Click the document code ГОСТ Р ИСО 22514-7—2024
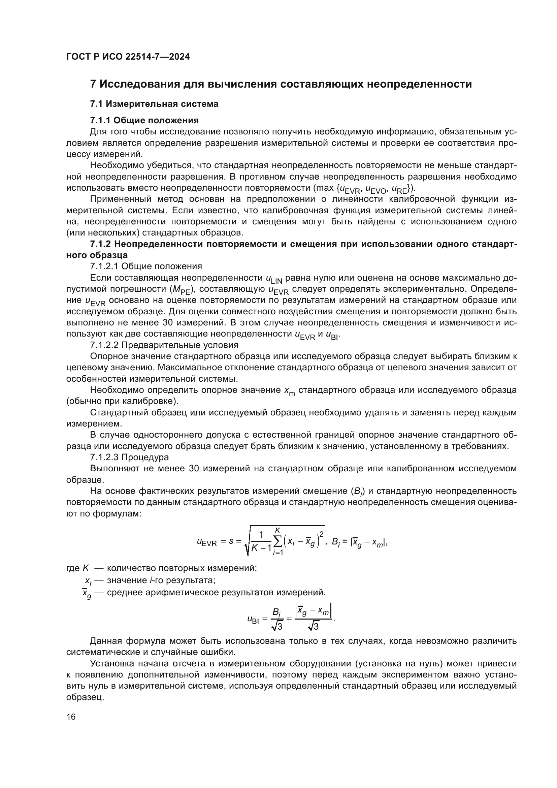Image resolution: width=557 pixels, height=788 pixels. [x=128, y=57]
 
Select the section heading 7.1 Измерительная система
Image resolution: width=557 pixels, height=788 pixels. [x=154, y=104]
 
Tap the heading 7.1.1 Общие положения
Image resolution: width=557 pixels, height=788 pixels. [x=144, y=120]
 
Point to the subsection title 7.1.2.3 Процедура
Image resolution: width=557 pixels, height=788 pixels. [x=129, y=458]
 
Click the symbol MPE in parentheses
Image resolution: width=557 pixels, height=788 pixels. [x=181, y=290]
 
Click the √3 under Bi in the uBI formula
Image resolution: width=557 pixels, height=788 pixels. [x=276, y=627]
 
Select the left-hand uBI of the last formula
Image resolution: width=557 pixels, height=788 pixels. [x=253, y=620]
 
